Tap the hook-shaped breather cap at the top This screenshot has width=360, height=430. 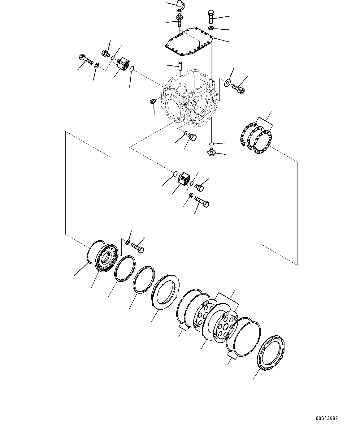click(x=180, y=4)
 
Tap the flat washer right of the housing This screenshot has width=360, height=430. click(x=228, y=82)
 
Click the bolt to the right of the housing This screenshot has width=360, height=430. click(x=238, y=88)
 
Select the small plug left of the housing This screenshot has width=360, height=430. click(x=153, y=102)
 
